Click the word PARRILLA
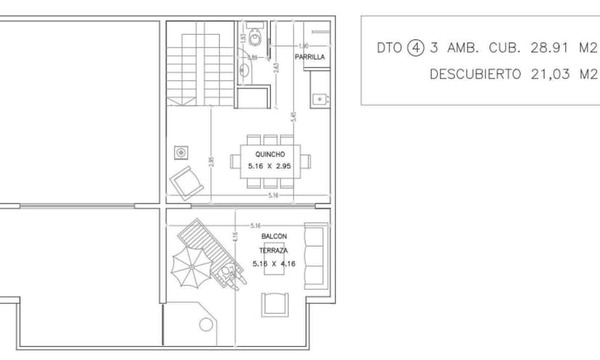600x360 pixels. click(309, 56)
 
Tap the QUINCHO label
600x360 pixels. click(270, 154)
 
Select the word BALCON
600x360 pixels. click(274, 237)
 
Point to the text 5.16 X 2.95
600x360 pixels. click(270, 166)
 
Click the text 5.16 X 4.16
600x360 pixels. click(274, 264)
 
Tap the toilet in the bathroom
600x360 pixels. click(254, 36)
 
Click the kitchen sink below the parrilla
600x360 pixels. click(319, 98)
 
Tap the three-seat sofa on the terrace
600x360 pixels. click(315, 254)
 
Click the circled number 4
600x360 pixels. click(414, 49)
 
